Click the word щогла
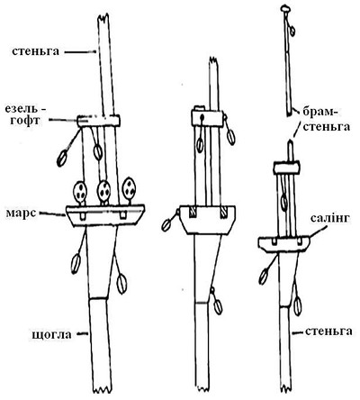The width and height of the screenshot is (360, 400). coord(51,334)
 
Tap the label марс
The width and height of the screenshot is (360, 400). coord(21,213)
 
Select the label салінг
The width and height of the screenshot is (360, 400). coord(330,218)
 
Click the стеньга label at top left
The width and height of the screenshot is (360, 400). coord(35,51)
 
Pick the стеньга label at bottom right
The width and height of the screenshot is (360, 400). coord(328,332)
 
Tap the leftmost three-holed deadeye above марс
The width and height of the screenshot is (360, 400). coord(80,191)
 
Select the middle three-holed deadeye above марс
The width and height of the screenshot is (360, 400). coord(104,190)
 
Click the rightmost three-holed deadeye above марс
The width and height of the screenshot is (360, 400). coord(130,188)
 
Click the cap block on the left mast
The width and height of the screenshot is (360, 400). coord(99,121)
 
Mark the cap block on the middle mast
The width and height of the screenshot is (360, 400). coord(208,117)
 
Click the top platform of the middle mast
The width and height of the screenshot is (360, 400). coord(207,220)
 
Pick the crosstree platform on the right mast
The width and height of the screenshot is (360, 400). coord(284,243)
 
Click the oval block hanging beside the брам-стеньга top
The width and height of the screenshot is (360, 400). coord(292,31)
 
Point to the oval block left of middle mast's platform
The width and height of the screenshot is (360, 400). coord(166,224)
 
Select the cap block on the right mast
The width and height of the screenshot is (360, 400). coord(286,168)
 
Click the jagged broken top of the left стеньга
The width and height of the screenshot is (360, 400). coord(103,18)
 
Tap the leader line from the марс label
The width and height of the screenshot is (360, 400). coord(51,214)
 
